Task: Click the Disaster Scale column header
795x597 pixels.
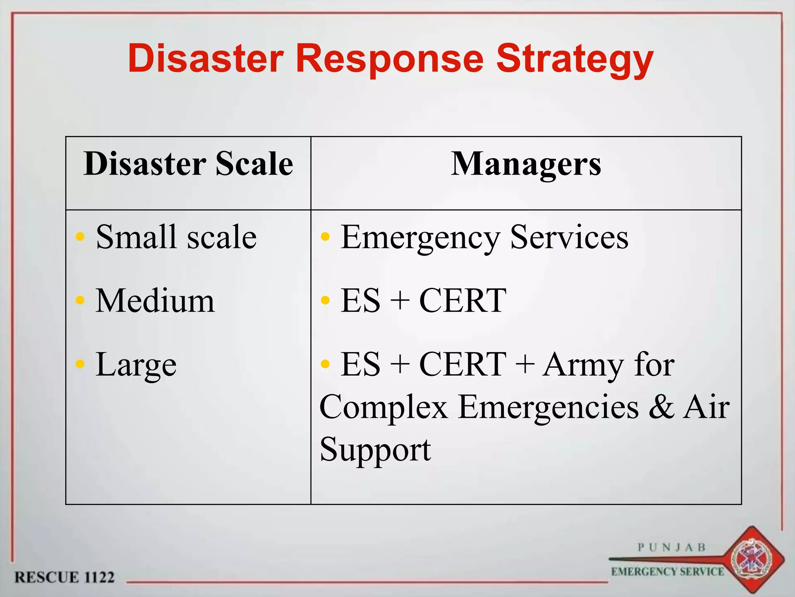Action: pyautogui.click(x=188, y=164)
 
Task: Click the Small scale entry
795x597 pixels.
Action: pyautogui.click(x=176, y=237)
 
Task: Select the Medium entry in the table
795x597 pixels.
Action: pyautogui.click(x=155, y=300)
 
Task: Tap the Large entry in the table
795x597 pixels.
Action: pyautogui.click(x=136, y=365)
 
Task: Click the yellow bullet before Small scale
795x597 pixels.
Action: pyautogui.click(x=80, y=236)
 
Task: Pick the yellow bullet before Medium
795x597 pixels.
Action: pyautogui.click(x=80, y=300)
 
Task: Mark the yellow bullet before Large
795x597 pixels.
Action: pyautogui.click(x=80, y=364)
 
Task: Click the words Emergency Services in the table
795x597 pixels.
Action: pyautogui.click(x=484, y=237)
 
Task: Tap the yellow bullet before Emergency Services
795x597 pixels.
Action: pyautogui.click(x=325, y=236)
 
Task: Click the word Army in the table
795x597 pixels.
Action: pyautogui.click(x=582, y=365)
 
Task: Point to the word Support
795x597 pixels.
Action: pyautogui.click(x=375, y=450)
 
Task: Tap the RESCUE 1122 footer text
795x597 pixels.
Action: pyautogui.click(x=64, y=577)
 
